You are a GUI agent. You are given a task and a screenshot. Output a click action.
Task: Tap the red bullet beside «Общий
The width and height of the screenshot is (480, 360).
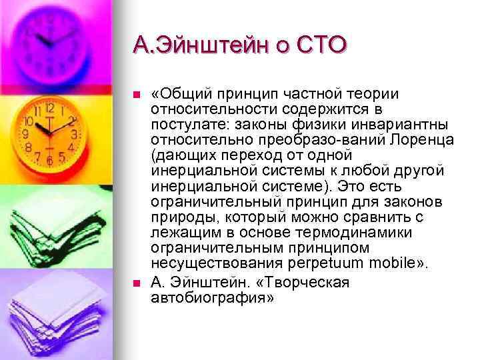(x=137, y=95)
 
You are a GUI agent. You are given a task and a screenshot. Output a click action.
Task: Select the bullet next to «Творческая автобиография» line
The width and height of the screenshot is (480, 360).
(x=137, y=283)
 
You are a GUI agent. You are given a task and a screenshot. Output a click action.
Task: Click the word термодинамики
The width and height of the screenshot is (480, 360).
(x=354, y=233)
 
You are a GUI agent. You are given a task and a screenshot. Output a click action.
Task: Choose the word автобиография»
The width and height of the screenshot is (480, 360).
(x=212, y=298)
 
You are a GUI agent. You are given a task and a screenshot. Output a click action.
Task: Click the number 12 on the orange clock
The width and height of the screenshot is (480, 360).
(x=50, y=107)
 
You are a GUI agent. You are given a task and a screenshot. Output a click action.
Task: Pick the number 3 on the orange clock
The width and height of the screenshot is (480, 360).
(x=74, y=134)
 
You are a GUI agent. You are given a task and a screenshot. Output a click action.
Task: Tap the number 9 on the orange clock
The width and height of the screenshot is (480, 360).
(x=26, y=133)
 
